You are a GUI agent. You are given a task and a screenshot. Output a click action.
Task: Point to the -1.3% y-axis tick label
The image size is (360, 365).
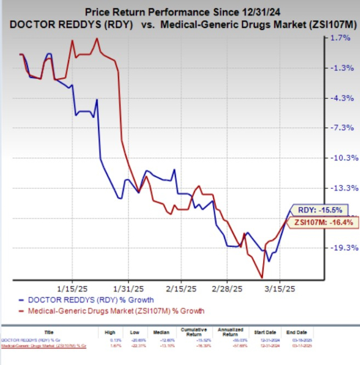coord(340,68)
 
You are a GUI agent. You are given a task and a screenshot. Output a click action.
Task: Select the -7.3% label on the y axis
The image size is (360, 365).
coord(340,128)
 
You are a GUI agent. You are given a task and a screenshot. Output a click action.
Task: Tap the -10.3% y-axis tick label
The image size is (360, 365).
coord(339,158)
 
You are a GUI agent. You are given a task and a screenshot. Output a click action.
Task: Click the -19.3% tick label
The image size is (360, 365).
coord(339,248)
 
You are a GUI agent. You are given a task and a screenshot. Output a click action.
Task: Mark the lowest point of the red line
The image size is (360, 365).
coord(263,277)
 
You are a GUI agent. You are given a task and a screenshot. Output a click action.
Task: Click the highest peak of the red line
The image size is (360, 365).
coord(96,39)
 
